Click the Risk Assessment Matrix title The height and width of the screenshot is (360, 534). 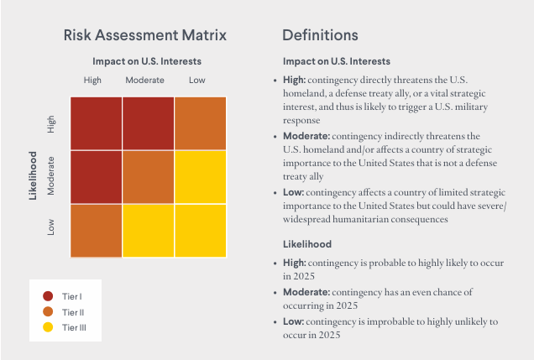[145, 35]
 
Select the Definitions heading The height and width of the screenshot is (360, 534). [320, 35]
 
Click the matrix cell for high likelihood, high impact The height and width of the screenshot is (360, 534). [96, 123]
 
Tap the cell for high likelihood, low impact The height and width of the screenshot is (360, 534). [201, 123]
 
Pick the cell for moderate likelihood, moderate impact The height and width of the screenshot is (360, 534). [149, 176]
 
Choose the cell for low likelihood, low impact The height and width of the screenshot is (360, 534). [201, 230]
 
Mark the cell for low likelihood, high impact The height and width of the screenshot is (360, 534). [96, 230]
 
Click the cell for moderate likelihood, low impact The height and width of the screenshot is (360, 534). [201, 176]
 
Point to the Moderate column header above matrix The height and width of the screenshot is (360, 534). [144, 80]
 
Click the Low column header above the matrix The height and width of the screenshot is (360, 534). [196, 80]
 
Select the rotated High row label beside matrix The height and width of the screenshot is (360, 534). [51, 124]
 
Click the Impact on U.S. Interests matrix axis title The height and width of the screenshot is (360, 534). [147, 61]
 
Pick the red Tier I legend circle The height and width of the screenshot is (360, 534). [48, 295]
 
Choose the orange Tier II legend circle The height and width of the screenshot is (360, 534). [48, 311]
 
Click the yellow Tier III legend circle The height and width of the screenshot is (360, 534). [48, 326]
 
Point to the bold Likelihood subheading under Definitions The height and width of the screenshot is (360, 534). [307, 244]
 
